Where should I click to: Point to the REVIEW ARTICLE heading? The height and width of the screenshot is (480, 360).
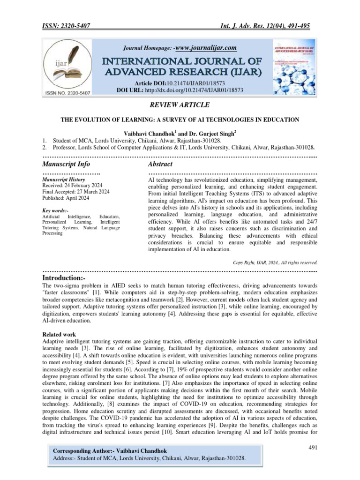pyautogui.click(x=180, y=105)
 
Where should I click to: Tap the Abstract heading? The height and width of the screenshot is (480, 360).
pyautogui.click(x=160, y=165)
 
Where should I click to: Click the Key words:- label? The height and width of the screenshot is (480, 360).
pyautogui.click(x=55, y=211)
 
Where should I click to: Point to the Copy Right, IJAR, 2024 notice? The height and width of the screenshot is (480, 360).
pyautogui.click(x=275, y=262)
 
